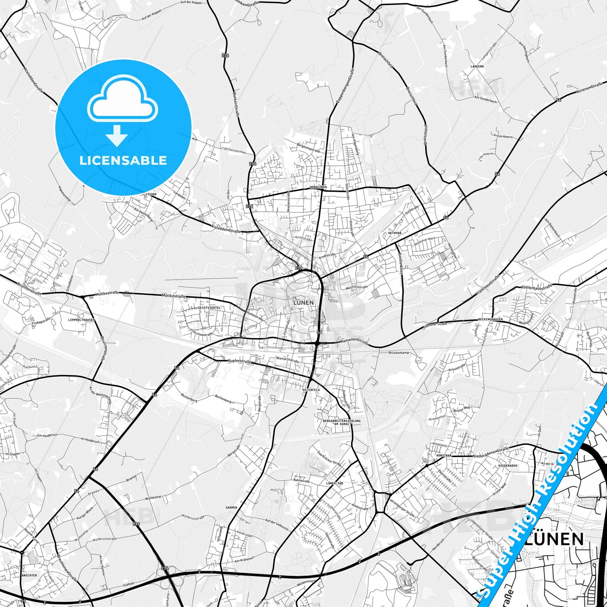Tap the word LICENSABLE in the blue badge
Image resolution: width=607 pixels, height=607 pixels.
pyautogui.click(x=123, y=160)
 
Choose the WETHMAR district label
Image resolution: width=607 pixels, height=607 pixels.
pyautogui.click(x=395, y=232)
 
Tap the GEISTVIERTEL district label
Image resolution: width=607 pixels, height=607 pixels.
pyautogui.click(x=209, y=307)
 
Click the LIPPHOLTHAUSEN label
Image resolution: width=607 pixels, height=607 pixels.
pyautogui.click(x=81, y=320)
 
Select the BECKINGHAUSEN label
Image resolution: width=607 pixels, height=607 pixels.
pyautogui.click(x=490, y=320)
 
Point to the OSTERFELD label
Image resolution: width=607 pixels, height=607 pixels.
pyautogui.click(x=311, y=390)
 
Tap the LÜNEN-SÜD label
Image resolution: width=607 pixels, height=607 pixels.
pyautogui.click(x=334, y=483)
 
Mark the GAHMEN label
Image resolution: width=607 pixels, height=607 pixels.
pyautogui.click(x=231, y=507)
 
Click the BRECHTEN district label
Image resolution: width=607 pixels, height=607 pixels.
pyautogui.click(x=29, y=575)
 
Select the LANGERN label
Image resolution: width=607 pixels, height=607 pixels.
pyautogui.click(x=477, y=66)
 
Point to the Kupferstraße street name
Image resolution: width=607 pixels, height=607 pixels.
pyautogui.click(x=239, y=361)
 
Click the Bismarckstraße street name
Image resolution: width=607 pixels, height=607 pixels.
pyautogui.click(x=287, y=360)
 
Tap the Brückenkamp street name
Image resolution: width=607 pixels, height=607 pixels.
pyautogui.click(x=399, y=353)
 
